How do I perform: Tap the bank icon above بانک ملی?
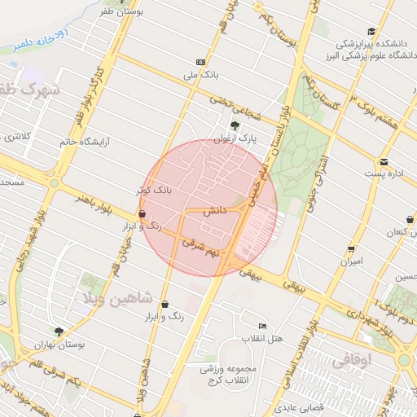(x=200, y=62)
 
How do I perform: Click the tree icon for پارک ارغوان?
(x=235, y=125)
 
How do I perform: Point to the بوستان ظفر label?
(x=136, y=12)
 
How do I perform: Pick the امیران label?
(x=352, y=263)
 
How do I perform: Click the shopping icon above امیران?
(x=351, y=249)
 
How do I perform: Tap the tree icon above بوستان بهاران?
(x=59, y=331)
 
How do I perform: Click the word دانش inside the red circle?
(x=213, y=211)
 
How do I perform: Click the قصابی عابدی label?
(x=300, y=406)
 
